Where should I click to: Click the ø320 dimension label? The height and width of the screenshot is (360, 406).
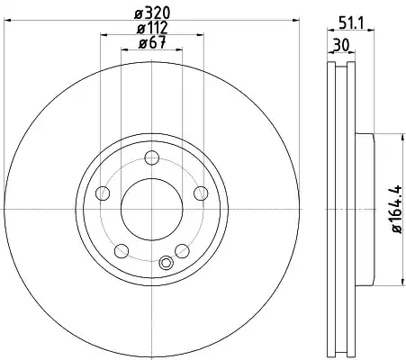coord(152,13)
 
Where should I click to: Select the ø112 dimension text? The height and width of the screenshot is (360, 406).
coord(152,28)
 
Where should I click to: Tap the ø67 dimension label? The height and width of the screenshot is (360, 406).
coord(152,42)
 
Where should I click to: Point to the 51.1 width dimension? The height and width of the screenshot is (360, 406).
coord(351,22)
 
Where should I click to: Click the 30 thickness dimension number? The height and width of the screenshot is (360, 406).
coord(341,46)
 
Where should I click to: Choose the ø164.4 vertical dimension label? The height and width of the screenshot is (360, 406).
coord(396,209)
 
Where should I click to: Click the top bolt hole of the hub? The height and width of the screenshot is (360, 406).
coord(152,157)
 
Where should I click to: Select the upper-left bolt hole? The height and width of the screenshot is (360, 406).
coord(103,193)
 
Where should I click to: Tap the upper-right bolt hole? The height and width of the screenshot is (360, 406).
coord(201,193)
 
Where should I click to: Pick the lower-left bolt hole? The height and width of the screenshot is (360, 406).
coord(122,251)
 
